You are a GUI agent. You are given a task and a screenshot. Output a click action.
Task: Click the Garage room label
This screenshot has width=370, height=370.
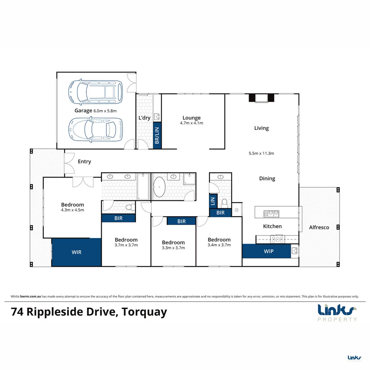pos(83,111)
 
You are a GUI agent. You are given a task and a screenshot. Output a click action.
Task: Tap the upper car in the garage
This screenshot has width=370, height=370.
pos(96,92)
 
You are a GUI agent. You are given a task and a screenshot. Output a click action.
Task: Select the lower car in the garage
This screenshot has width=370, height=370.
pos(96,130)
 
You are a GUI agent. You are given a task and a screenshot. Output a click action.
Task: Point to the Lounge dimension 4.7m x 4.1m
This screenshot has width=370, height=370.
pos(192,123)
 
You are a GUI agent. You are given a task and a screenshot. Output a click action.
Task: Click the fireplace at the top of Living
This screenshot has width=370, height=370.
pos(261,98)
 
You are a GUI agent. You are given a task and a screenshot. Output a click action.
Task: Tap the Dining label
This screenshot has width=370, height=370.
pos(267,178)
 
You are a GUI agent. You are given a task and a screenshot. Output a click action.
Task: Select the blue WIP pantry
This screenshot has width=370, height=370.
pos(268,251)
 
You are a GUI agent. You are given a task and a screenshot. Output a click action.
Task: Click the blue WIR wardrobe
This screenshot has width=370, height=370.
pos(76,252)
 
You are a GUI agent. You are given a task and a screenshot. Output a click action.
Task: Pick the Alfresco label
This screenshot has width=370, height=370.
pos(319,227)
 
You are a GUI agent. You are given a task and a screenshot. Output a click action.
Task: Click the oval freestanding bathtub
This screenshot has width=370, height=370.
pos(159,187)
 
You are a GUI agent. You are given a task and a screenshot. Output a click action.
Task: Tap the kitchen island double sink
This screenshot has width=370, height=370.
pos(271,214)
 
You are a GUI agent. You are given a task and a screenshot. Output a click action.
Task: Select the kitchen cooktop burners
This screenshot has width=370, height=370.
pos(277,239)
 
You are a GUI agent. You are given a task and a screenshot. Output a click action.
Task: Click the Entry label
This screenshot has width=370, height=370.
pos(84,161)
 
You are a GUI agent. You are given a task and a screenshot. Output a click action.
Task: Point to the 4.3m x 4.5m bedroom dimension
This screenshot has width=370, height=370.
pos(72,210)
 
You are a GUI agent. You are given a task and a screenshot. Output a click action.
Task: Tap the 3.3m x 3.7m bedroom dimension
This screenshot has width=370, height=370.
pos(173,248)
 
